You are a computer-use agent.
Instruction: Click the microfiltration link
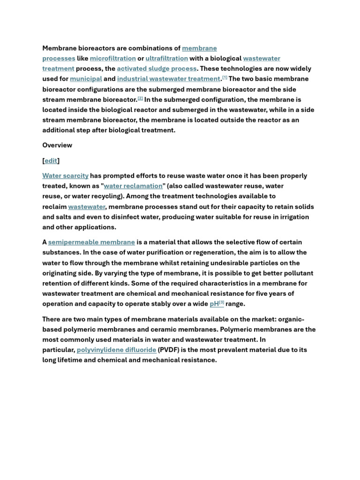[x=112, y=59]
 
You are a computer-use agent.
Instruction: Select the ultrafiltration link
[x=166, y=59]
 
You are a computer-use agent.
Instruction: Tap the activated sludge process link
[x=157, y=69]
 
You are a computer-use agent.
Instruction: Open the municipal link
[x=86, y=79]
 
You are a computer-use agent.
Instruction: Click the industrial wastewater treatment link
[x=168, y=79]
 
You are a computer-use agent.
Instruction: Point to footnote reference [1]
[x=225, y=77]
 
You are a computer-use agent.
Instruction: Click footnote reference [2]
[x=140, y=98]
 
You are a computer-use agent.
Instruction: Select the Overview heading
[x=57, y=145]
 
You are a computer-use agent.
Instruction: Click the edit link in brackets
[x=51, y=161]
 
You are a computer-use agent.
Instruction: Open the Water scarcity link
[x=65, y=176]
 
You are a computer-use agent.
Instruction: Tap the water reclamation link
[x=133, y=186]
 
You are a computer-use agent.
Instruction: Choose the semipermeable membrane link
[x=91, y=242]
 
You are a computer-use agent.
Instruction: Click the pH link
[x=214, y=304]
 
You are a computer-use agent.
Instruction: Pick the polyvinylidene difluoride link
[x=116, y=350]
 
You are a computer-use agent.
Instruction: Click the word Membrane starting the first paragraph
[x=60, y=48]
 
